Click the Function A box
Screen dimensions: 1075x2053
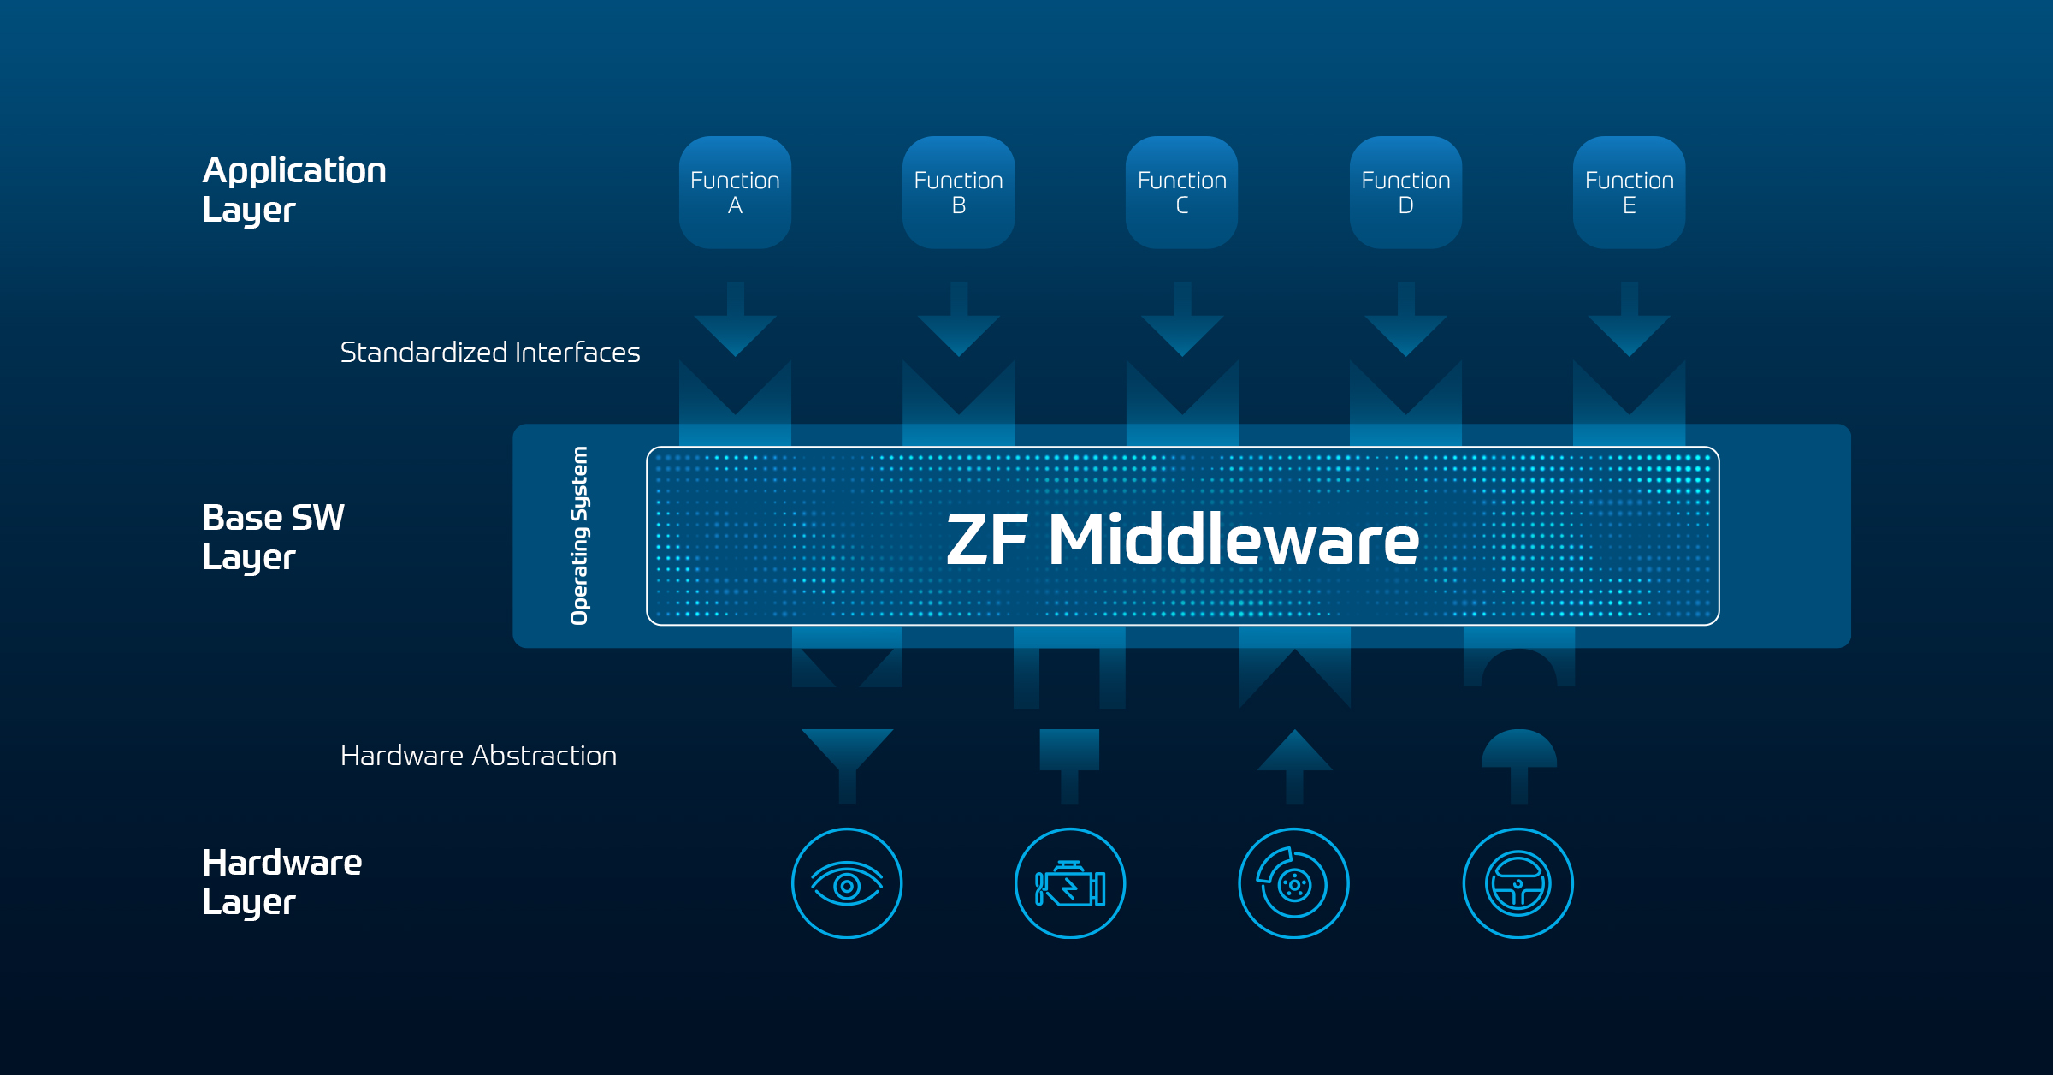(x=735, y=193)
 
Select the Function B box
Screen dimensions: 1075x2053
(x=958, y=193)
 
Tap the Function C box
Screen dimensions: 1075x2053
(x=1181, y=193)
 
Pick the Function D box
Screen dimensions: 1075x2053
(x=1405, y=193)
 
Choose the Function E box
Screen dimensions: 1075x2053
(x=1629, y=193)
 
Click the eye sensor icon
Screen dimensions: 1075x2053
(x=847, y=883)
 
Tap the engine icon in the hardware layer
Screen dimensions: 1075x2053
(x=1070, y=883)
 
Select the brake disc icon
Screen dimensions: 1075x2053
(x=1294, y=883)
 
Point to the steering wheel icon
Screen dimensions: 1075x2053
(x=1518, y=883)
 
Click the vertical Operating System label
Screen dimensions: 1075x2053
(x=579, y=536)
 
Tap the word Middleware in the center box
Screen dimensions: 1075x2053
(x=1233, y=540)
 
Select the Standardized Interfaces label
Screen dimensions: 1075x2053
(x=490, y=353)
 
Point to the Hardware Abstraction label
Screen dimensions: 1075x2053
(x=478, y=756)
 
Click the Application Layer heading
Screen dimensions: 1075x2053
(x=293, y=189)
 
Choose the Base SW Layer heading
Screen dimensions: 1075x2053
(x=273, y=537)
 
